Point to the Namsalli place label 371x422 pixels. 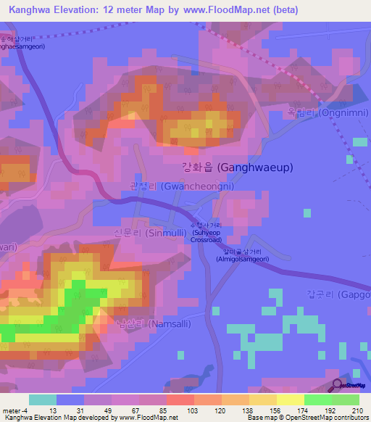(x=144, y=324)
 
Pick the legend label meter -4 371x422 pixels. (x=14, y=410)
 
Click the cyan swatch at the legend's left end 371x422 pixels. (x=43, y=400)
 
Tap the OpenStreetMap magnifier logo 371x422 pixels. (x=338, y=385)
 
